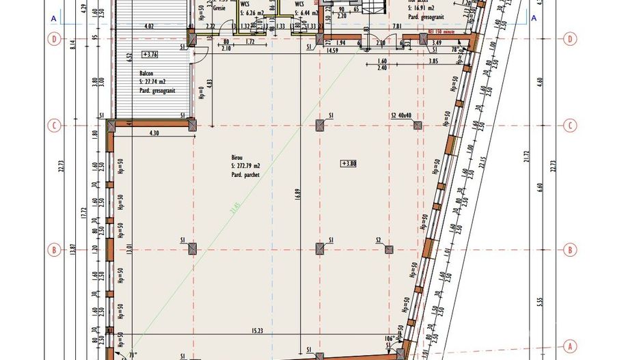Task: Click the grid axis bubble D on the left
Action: [54, 39]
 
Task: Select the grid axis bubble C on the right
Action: [569, 126]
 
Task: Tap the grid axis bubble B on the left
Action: [54, 250]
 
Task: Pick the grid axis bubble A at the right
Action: [569, 346]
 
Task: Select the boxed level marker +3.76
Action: [149, 54]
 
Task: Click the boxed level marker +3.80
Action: [349, 163]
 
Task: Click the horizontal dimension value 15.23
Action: [257, 331]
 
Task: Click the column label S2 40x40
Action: [401, 115]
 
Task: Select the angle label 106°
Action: [390, 338]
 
